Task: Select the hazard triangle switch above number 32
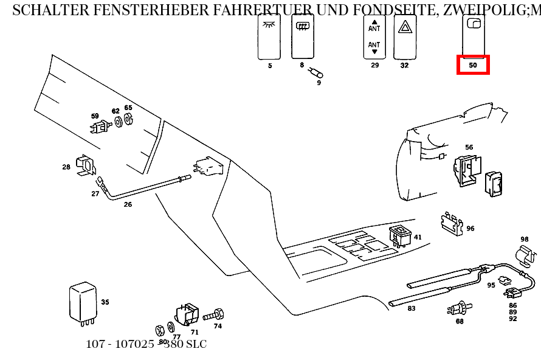pyautogui.click(x=404, y=36)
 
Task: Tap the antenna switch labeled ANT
pyautogui.click(x=374, y=36)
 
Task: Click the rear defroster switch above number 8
pyautogui.click(x=302, y=36)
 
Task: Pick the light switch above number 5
pyautogui.click(x=269, y=36)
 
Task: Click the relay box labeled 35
pyautogui.click(x=82, y=302)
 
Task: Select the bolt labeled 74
pyautogui.click(x=214, y=316)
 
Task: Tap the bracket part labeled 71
pyautogui.click(x=187, y=314)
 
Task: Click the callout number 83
pyautogui.click(x=412, y=308)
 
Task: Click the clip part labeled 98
pyautogui.click(x=525, y=255)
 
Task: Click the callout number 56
pyautogui.click(x=469, y=147)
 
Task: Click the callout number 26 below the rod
pyautogui.click(x=128, y=205)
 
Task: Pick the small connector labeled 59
pyautogui.click(x=98, y=127)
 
